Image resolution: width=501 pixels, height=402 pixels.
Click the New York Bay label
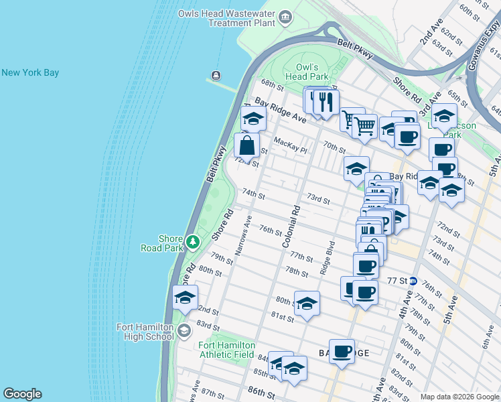click(x=30, y=72)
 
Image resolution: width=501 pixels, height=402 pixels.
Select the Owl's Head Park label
click(x=310, y=72)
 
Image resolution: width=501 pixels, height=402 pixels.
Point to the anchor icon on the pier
click(x=216, y=75)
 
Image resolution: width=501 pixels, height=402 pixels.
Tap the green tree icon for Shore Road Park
click(x=193, y=240)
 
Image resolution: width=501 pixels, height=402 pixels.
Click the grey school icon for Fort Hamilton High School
click(x=184, y=331)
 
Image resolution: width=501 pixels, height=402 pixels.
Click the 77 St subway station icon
click(x=413, y=281)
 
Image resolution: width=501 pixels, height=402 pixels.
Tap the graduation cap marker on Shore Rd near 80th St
click(x=185, y=297)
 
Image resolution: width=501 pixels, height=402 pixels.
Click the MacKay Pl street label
click(x=290, y=145)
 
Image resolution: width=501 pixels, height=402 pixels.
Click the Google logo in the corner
click(x=22, y=394)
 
